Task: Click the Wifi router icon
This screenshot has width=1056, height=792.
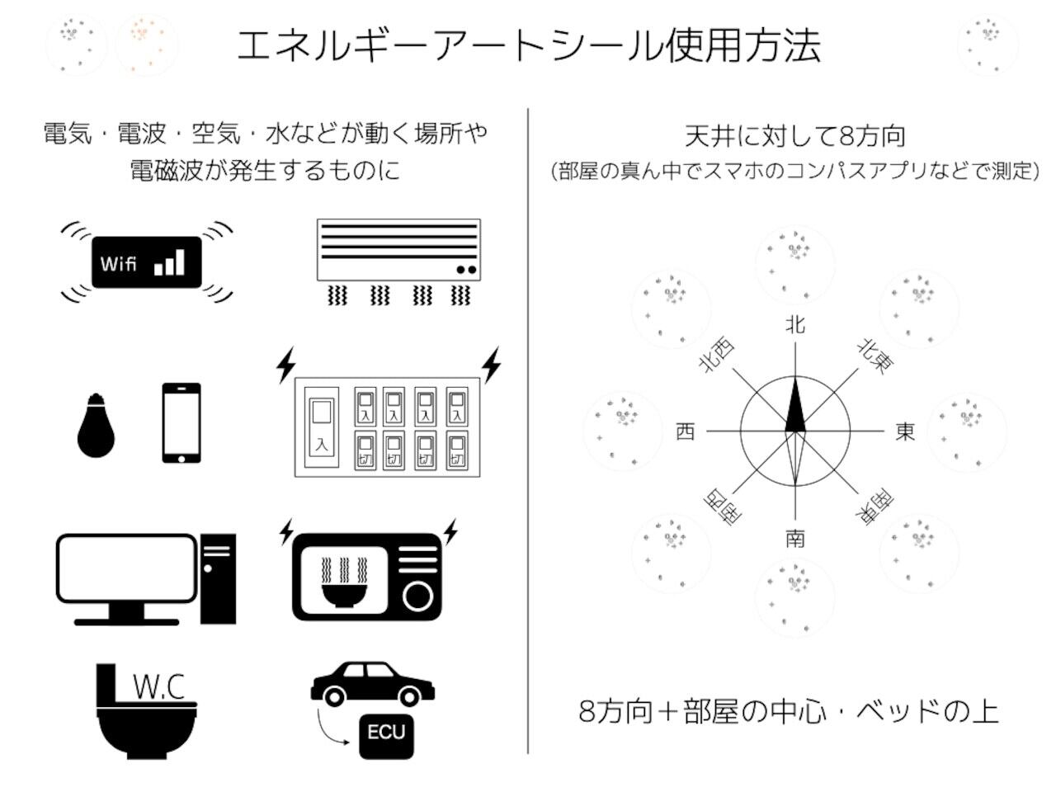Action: tap(147, 262)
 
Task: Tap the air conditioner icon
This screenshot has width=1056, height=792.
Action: tap(398, 250)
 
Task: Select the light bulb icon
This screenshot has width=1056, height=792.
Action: tap(96, 425)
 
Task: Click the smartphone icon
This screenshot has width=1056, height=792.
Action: tap(181, 423)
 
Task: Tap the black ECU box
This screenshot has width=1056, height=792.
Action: tap(386, 733)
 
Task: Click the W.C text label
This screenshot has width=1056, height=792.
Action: tap(158, 686)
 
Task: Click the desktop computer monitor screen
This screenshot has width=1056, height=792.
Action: tap(127, 568)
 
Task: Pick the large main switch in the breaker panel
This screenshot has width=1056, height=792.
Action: tap(322, 426)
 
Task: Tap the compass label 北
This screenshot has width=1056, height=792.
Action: tap(794, 325)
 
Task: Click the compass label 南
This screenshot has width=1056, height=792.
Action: tap(794, 539)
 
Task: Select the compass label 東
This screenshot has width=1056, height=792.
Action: tap(905, 431)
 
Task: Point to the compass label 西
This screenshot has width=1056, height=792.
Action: tap(686, 431)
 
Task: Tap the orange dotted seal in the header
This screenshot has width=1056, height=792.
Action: tap(146, 45)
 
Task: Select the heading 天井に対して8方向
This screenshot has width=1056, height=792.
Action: tap(794, 136)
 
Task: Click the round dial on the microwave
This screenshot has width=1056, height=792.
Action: tap(419, 595)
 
